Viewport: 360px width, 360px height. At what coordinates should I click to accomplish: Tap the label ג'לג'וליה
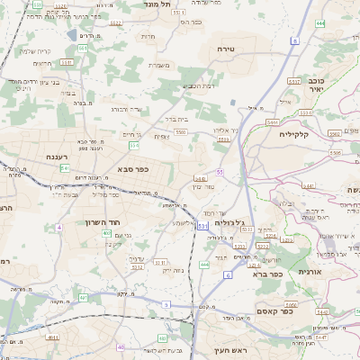point(229,220)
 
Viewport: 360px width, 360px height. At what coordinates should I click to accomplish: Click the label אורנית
point(309,272)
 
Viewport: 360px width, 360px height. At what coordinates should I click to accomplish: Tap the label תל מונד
point(157,4)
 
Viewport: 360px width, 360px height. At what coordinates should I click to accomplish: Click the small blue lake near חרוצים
point(71,36)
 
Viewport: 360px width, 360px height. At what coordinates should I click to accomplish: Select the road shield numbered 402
point(106,234)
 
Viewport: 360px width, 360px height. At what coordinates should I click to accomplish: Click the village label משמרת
point(161,64)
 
